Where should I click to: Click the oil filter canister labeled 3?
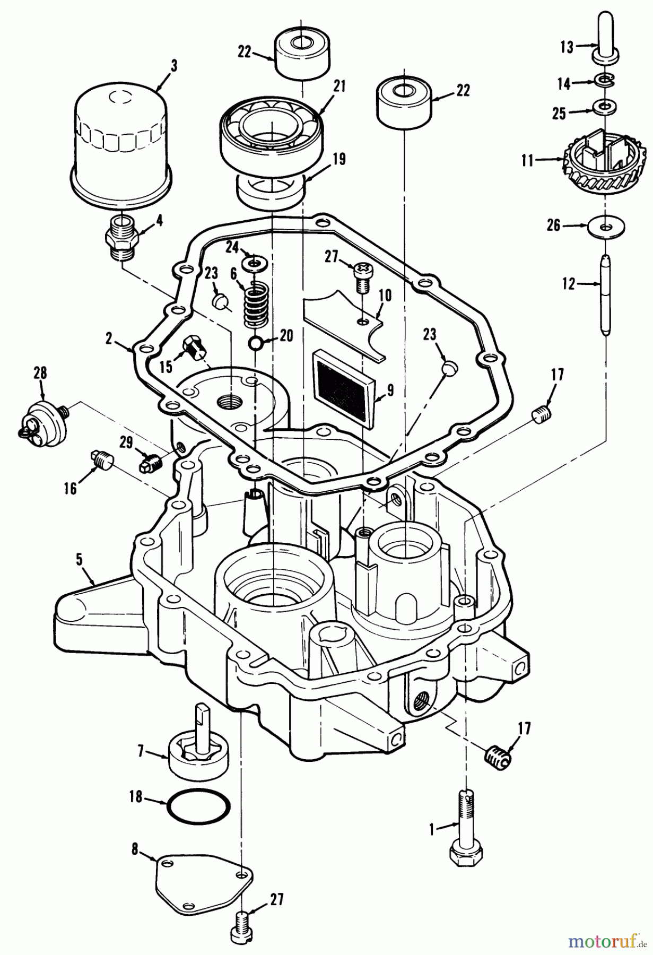[x=120, y=141]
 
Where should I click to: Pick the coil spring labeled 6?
[x=255, y=307]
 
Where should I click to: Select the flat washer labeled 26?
[x=606, y=227]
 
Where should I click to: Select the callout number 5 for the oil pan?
[x=80, y=560]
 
